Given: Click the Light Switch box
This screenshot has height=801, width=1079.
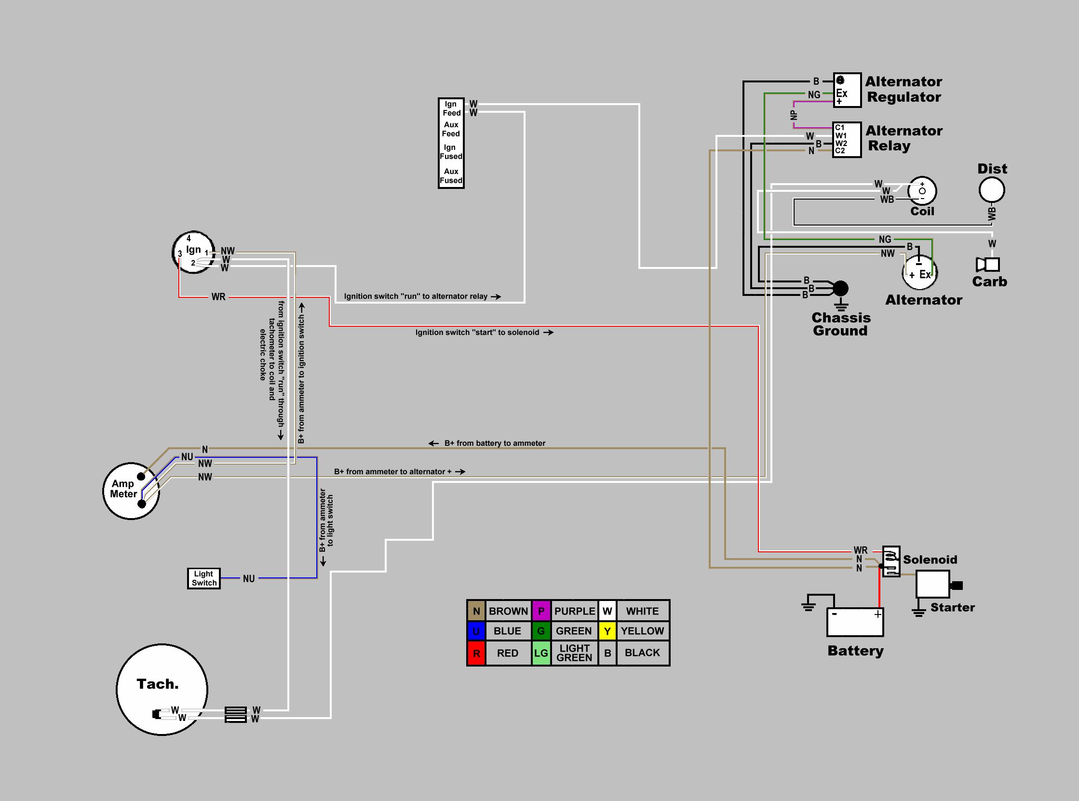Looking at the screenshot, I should click(203, 578).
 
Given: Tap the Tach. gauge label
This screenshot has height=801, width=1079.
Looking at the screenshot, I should click(158, 684).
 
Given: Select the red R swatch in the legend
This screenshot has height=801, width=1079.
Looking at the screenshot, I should click(476, 653).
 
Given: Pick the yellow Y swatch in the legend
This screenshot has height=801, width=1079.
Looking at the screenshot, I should click(607, 631).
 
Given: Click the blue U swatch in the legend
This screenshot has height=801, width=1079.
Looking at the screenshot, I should click(476, 631).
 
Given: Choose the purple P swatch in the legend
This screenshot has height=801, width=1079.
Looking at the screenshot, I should click(541, 611).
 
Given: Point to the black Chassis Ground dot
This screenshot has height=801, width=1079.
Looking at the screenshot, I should click(840, 289).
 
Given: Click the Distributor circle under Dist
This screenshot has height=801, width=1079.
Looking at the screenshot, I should click(992, 190).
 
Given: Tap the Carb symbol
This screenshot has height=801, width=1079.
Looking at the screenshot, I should click(988, 265).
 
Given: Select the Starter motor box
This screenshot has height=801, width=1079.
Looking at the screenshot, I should click(932, 584).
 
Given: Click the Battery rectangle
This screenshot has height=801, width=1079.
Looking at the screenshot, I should click(855, 622).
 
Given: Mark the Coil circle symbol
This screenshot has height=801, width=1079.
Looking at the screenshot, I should click(922, 191).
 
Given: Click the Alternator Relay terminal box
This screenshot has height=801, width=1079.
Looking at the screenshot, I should click(847, 140).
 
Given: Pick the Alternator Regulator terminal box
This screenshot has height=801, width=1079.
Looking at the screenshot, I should click(847, 90).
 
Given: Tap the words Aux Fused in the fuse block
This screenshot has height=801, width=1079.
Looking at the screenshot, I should click(451, 176).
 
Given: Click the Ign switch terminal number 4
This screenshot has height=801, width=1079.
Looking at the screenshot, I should click(189, 239).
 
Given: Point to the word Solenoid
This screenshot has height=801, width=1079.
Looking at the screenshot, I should click(930, 560).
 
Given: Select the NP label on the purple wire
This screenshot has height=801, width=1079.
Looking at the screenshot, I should click(794, 115).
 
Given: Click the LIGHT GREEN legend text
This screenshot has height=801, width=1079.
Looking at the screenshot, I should click(574, 653).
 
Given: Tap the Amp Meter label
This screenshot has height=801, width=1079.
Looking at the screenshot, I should click(123, 489).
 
